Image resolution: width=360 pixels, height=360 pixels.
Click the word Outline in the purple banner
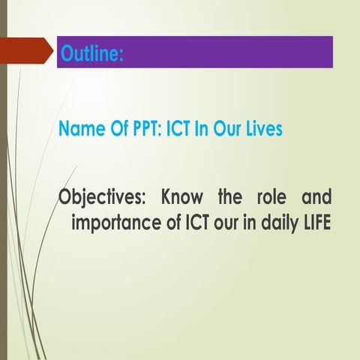(x=91, y=53)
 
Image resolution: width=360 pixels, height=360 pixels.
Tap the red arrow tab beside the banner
(x=31, y=52)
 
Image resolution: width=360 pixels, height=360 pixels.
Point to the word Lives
(x=261, y=129)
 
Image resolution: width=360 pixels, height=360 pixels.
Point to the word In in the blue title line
(x=203, y=129)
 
